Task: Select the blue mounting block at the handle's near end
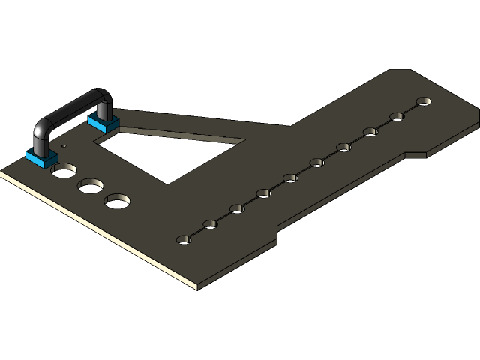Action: click(42, 157)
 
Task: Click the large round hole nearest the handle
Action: click(63, 171)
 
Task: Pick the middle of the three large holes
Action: click(91, 185)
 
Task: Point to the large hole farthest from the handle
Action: click(118, 201)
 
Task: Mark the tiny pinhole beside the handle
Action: click(64, 146)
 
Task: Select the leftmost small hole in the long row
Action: click(184, 240)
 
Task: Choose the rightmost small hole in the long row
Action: click(424, 101)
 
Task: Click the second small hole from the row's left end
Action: click(210, 224)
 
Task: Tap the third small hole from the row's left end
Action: click(237, 208)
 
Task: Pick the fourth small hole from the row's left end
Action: click(263, 193)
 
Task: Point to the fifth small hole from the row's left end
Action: click(290, 178)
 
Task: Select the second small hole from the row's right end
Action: click(397, 116)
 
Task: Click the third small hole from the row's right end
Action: click(370, 132)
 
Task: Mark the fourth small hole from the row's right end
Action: click(343, 147)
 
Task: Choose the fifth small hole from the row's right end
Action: click(316, 163)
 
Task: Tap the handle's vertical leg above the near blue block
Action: click(40, 139)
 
